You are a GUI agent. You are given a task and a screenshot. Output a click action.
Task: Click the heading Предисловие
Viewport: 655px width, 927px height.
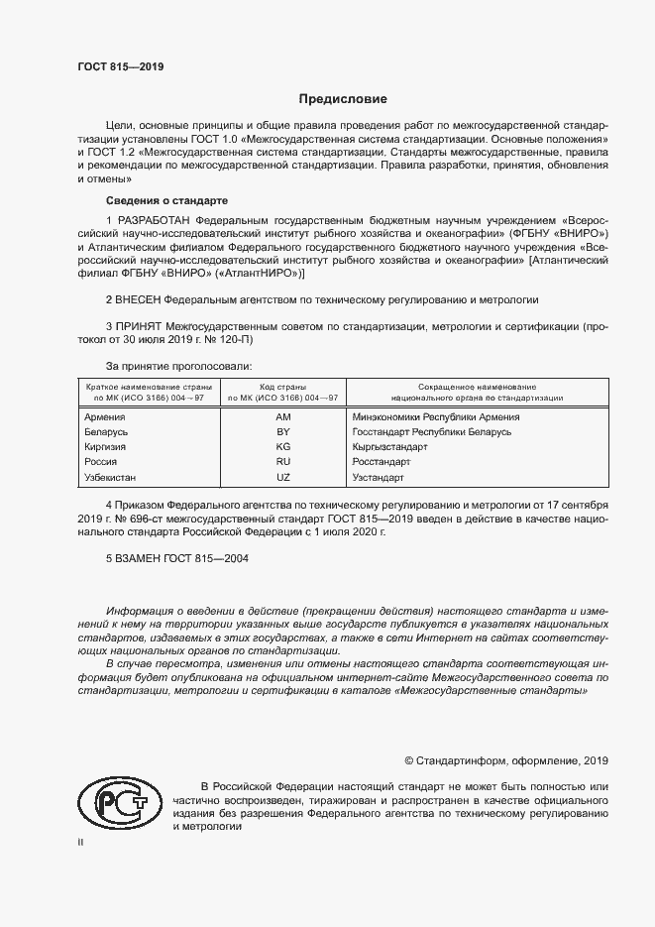(343, 99)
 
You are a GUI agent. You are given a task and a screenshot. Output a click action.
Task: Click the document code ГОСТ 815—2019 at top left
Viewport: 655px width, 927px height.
(120, 67)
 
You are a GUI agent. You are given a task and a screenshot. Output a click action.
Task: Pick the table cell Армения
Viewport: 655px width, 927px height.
(106, 417)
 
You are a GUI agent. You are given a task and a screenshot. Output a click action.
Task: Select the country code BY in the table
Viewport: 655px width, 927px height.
(282, 432)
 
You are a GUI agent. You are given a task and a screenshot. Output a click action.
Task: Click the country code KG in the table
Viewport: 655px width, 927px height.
(282, 447)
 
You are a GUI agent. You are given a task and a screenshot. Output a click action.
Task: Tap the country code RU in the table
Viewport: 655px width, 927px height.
(282, 462)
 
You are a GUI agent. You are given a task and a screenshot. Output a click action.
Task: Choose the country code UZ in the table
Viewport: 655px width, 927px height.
(282, 477)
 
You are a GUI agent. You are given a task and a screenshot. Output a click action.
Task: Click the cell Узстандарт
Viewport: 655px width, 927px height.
(378, 477)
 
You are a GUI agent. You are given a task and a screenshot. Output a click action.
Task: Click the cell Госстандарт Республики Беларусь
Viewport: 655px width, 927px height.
(431, 432)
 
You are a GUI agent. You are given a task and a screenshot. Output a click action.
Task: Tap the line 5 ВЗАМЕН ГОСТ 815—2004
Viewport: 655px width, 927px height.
(176, 558)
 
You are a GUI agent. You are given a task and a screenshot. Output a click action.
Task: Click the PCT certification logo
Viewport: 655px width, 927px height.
(119, 801)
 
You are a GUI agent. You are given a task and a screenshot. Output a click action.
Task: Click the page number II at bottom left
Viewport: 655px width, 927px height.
(82, 842)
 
